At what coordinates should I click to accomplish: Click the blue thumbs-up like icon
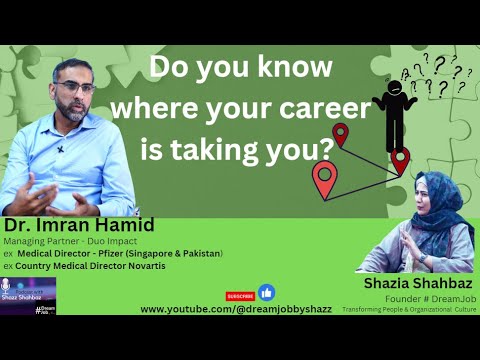point(266,293)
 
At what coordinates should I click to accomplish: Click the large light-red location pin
point(324,179)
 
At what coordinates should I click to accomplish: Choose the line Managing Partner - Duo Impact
point(59,241)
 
